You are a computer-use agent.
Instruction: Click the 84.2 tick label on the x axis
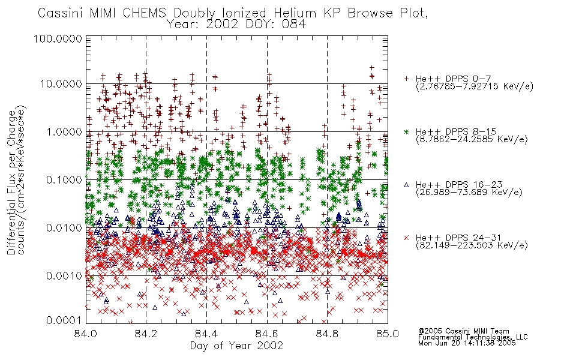coord(146,334)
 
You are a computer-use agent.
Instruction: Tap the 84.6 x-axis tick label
coord(267,334)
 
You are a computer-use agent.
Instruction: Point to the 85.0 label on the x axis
coord(388,334)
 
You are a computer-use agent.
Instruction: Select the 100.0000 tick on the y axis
coord(58,38)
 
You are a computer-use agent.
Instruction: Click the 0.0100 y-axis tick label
coord(64,228)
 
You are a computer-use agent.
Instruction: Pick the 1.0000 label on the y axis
coord(64,132)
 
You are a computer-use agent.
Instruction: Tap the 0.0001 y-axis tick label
coord(64,320)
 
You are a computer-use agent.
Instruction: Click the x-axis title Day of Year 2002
coord(236,346)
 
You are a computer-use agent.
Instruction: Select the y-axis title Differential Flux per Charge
coord(11,182)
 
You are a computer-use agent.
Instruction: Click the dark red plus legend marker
coord(406,79)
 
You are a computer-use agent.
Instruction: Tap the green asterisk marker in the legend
coord(406,132)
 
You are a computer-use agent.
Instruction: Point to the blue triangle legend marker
coord(406,185)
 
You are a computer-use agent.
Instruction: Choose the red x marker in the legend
coord(406,238)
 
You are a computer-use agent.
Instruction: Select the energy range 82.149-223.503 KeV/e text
coord(472,245)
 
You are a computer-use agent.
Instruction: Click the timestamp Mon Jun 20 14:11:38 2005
coord(467,343)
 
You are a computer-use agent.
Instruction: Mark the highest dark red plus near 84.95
coord(371,68)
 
